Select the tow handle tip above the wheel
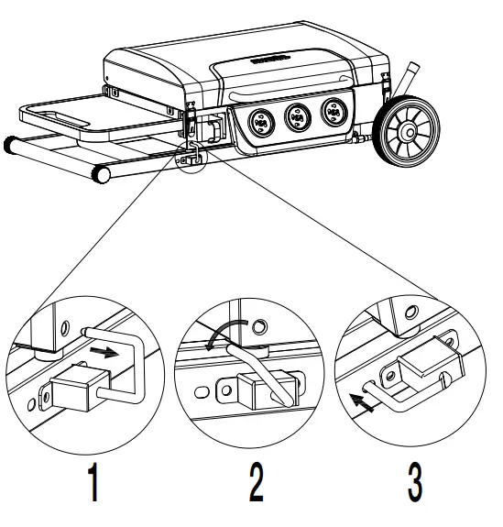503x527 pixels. coord(410,71)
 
